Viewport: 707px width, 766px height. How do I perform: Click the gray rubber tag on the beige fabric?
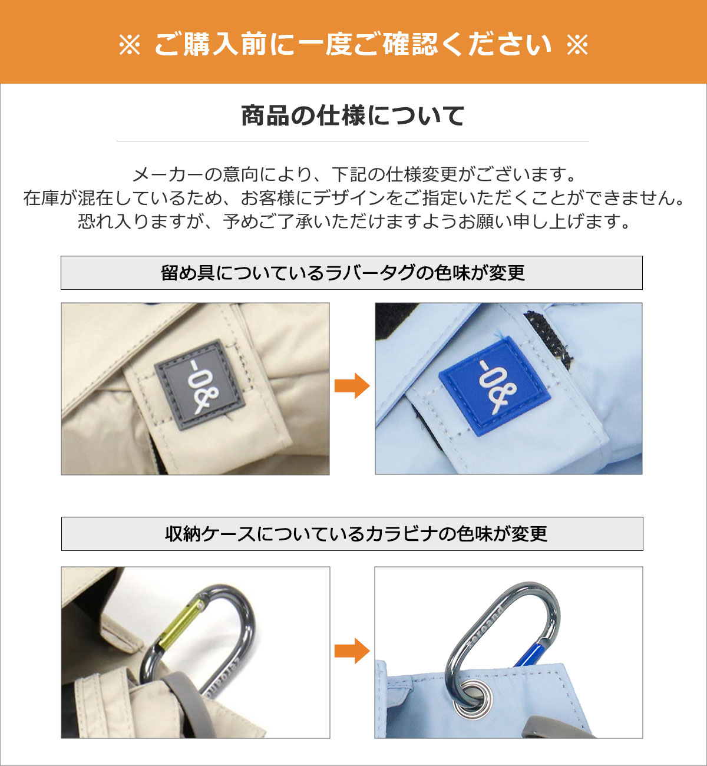click(x=200, y=385)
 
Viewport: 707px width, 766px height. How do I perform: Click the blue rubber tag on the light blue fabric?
click(x=495, y=386)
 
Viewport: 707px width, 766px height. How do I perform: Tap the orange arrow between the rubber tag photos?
click(x=352, y=385)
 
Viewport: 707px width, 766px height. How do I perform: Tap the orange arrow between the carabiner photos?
click(x=352, y=651)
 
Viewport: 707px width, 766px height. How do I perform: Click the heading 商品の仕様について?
click(x=352, y=115)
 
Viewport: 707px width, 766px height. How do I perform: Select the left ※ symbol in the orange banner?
click(x=130, y=44)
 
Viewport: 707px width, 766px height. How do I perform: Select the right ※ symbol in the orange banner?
click(x=577, y=44)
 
